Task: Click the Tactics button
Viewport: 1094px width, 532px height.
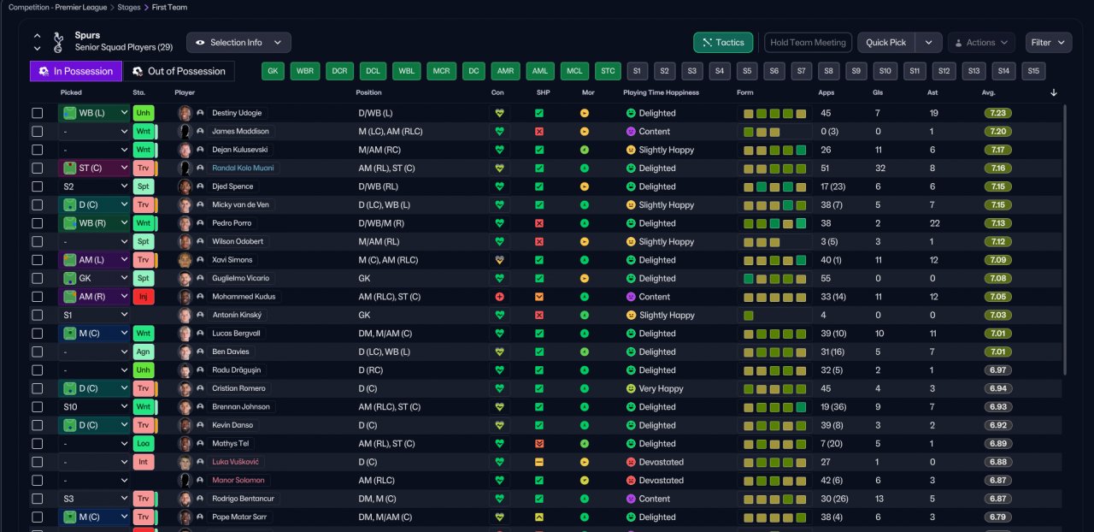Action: pyautogui.click(x=723, y=42)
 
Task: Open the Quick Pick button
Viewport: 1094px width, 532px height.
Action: pyautogui.click(x=885, y=42)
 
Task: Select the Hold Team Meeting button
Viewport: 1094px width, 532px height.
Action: pyautogui.click(x=808, y=42)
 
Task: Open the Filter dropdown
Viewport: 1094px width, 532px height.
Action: pyautogui.click(x=1050, y=42)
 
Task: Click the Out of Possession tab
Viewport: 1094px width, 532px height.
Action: pyautogui.click(x=179, y=71)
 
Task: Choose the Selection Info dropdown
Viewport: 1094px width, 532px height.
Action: pyautogui.click(x=238, y=42)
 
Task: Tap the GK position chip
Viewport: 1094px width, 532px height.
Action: pyautogui.click(x=273, y=71)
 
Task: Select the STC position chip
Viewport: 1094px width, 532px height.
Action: pyautogui.click(x=608, y=71)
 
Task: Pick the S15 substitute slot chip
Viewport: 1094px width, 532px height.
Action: pyautogui.click(x=1032, y=71)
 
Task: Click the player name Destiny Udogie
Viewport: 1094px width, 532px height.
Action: pyautogui.click(x=237, y=113)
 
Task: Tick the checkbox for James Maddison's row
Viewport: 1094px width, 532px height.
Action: pyautogui.click(x=38, y=132)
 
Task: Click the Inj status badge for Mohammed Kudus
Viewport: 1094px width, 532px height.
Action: pyautogui.click(x=144, y=297)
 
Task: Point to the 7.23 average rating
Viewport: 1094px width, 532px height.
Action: pyautogui.click(x=997, y=113)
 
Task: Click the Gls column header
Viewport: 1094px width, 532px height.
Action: pyautogui.click(x=878, y=92)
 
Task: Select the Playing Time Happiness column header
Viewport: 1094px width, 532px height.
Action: pyautogui.click(x=661, y=92)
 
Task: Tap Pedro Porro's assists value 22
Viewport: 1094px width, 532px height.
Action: pyautogui.click(x=934, y=223)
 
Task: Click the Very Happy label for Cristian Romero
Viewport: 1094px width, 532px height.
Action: pyautogui.click(x=661, y=388)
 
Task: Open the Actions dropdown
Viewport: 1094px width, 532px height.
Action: pyautogui.click(x=980, y=42)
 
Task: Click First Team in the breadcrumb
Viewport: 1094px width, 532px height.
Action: pyautogui.click(x=170, y=7)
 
